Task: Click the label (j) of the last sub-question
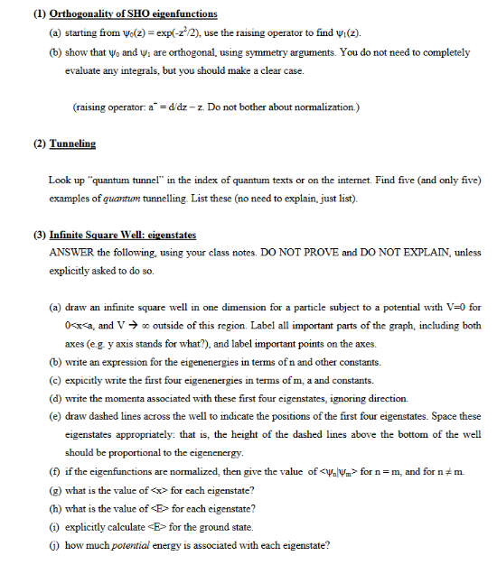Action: pos(54,546)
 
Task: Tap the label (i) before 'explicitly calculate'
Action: pos(54,528)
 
